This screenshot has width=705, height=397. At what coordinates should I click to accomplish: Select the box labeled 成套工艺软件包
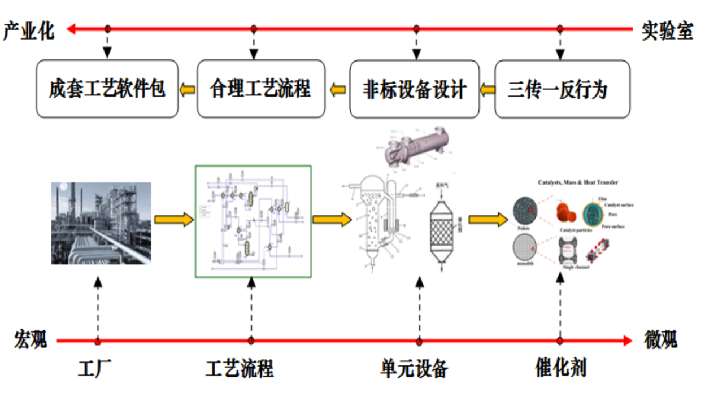(107, 89)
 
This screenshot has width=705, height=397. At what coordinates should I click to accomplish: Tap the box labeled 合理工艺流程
(261, 89)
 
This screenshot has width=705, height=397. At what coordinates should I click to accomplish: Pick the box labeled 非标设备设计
(414, 89)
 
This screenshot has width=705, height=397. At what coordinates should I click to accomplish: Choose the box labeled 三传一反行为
(562, 89)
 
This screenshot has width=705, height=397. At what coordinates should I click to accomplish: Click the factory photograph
(101, 223)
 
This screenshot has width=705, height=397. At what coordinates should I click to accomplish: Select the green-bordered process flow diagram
(253, 221)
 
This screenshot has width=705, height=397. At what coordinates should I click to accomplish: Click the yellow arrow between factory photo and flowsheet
(173, 220)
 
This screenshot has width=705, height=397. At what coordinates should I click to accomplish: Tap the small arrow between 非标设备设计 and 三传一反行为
(487, 89)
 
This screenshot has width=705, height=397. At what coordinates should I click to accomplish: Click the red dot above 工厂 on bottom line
(98, 341)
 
